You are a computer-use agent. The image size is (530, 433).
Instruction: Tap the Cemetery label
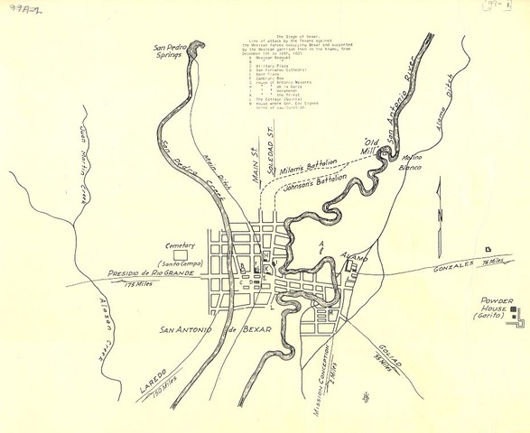pos(180,245)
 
